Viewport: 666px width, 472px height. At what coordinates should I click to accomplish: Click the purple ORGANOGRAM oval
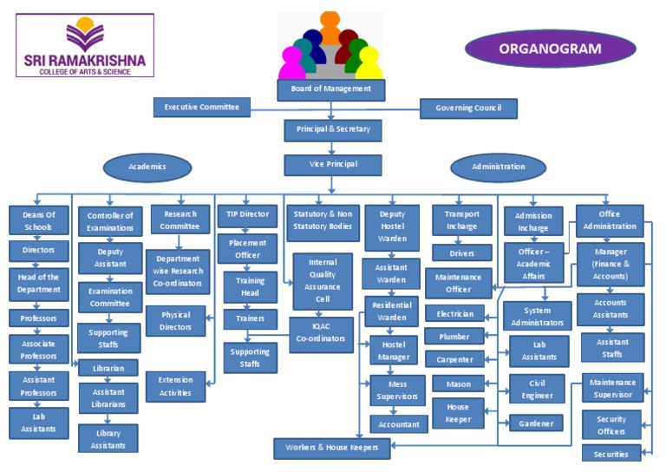pos(550,49)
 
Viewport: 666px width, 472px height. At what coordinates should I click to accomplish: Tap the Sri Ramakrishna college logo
pos(84,45)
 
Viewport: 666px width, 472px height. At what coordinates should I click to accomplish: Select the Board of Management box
pos(330,88)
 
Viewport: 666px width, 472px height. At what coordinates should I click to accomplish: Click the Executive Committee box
pos(202,108)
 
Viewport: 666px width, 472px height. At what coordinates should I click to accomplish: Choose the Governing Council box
pos(468,109)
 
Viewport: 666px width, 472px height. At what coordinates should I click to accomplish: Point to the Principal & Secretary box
pos(332,130)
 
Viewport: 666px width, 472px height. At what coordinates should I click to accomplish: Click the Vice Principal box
pos(332,165)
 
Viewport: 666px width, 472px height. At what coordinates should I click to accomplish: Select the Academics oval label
pos(147,167)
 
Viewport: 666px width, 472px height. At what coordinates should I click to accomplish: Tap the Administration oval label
pos(498,167)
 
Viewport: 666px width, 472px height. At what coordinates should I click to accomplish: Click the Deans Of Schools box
pos(38,220)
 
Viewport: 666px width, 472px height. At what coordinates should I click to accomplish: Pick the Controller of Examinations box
pos(110,222)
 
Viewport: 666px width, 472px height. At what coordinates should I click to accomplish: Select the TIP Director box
pos(247,214)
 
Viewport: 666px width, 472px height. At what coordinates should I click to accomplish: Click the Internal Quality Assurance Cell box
pos(323,281)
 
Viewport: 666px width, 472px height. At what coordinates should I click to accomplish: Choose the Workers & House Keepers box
pos(332,449)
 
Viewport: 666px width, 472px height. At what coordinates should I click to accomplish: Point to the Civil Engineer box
pos(537,390)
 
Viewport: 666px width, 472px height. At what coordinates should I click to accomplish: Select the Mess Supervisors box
pos(398,391)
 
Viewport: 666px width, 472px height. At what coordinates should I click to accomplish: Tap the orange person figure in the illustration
pos(330,26)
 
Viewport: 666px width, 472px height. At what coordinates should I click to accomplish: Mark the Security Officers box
pos(610,425)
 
